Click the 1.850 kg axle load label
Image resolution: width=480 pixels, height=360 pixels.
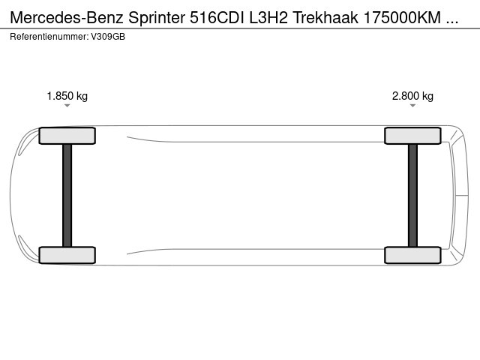(67, 96)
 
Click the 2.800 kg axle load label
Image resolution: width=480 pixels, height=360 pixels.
(412, 96)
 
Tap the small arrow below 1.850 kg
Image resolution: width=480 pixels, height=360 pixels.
(67, 106)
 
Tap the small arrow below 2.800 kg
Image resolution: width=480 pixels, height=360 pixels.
(412, 106)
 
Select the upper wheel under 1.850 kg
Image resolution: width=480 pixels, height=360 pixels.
(67, 136)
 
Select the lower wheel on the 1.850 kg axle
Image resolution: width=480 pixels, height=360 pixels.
(67, 255)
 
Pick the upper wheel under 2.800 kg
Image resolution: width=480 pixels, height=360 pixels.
(412, 136)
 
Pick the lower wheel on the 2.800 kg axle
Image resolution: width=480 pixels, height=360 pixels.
(412, 255)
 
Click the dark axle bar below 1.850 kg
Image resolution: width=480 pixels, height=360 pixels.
(67, 195)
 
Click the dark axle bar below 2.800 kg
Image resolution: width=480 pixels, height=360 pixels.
(412, 195)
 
